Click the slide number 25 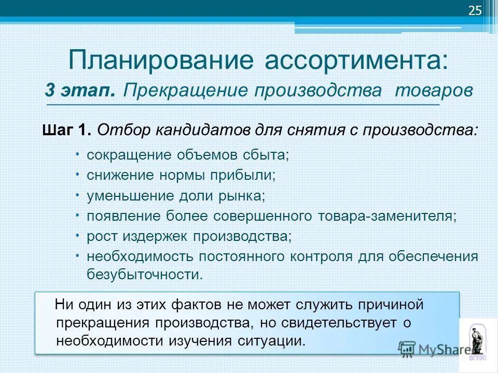475,11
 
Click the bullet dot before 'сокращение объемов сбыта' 76,153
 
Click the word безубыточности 144,275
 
